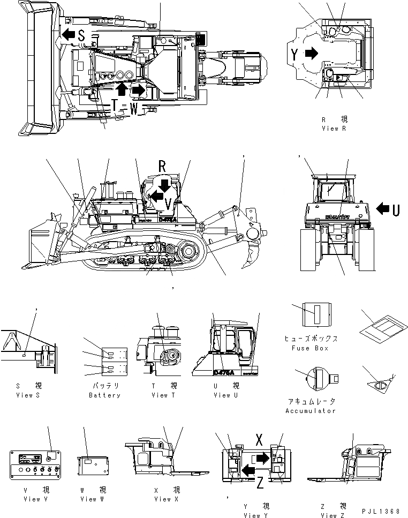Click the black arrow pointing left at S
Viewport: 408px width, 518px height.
pyautogui.click(x=67, y=35)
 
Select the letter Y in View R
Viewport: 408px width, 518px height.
pyautogui.click(x=295, y=53)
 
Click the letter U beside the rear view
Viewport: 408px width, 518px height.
pyautogui.click(x=396, y=210)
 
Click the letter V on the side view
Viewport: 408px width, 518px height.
pyautogui.click(x=168, y=204)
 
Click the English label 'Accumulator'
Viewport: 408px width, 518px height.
pyautogui.click(x=311, y=411)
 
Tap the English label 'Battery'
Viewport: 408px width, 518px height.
pyautogui.click(x=104, y=395)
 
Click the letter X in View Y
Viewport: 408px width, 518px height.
pyautogui.click(x=258, y=439)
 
